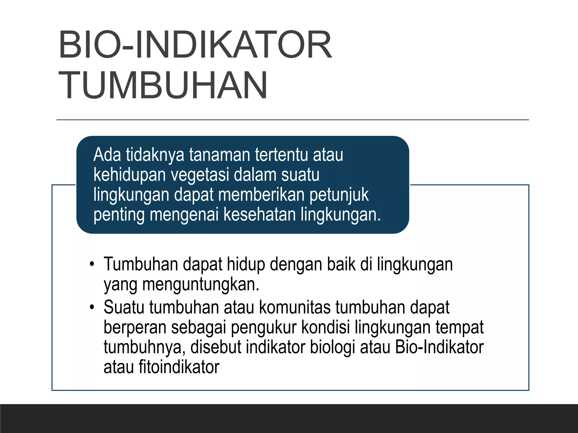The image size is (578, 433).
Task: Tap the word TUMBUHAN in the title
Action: [163, 85]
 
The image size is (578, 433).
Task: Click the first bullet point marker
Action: [91, 264]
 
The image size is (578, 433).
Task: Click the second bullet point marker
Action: [91, 307]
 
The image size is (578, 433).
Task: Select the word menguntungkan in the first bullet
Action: [200, 285]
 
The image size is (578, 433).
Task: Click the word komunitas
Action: [295, 307]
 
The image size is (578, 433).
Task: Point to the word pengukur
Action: [264, 328]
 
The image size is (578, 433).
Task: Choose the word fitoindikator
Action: [179, 367]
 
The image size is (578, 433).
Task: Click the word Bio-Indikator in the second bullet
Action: [439, 347]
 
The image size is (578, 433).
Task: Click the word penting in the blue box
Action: [119, 215]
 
